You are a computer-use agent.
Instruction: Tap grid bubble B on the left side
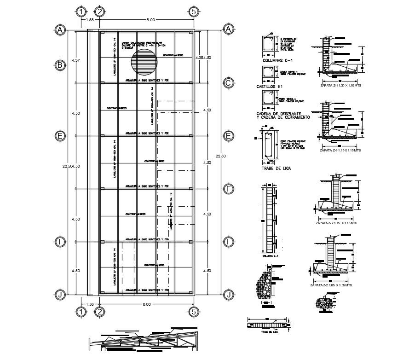59,65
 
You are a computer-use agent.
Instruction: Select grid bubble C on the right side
228,83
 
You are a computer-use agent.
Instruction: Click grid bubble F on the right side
228,189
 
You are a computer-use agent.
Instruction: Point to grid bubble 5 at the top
194,12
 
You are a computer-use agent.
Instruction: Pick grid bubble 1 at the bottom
81,312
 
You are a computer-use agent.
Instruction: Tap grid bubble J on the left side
59,295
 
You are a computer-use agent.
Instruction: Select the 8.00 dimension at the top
150,20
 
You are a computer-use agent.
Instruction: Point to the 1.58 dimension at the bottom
90,304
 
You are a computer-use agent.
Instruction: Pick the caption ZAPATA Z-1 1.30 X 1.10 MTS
340,86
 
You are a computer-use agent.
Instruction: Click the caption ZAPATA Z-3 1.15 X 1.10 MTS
340,150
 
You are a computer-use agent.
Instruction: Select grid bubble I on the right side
228,242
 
